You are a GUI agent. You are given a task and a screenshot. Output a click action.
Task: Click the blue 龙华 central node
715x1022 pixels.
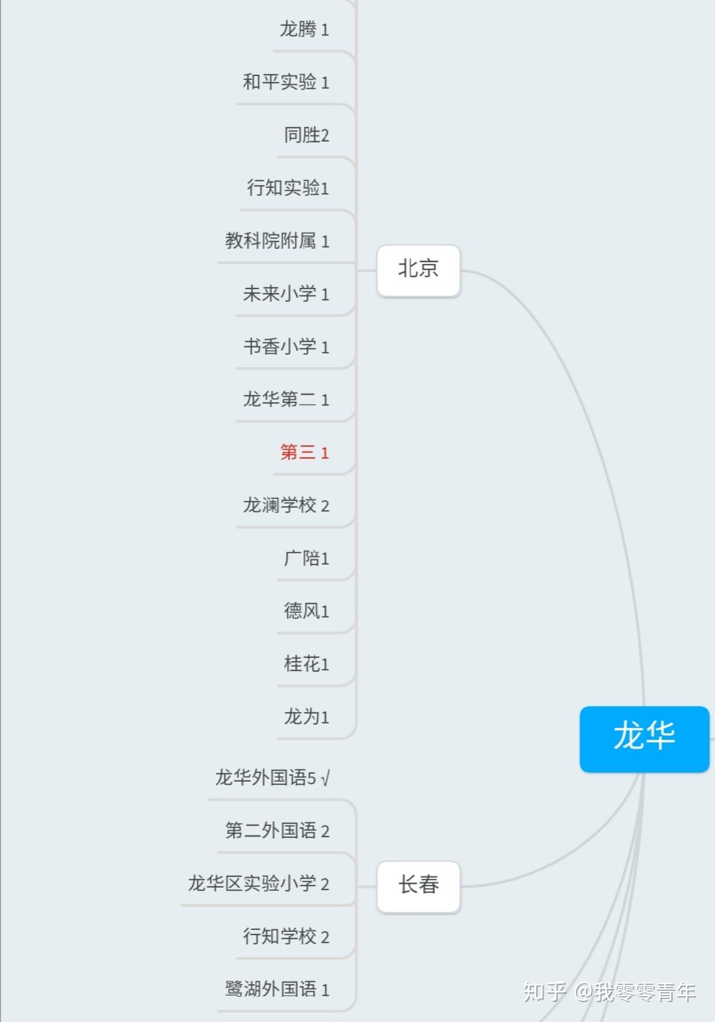coord(644,738)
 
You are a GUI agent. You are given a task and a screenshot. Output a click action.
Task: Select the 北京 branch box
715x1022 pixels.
coord(418,270)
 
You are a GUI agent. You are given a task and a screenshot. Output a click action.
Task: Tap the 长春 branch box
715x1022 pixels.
coord(418,886)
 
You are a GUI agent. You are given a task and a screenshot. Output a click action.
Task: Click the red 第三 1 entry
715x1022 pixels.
coord(305,453)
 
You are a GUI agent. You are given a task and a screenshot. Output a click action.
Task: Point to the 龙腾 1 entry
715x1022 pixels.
coord(305,30)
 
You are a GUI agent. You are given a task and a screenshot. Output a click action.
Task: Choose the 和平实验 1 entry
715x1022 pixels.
coord(286,82)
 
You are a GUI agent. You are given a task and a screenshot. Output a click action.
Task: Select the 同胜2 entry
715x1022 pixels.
coord(307,135)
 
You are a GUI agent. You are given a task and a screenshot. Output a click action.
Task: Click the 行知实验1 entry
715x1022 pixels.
coord(288,188)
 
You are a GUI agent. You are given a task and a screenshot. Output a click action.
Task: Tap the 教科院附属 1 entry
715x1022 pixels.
coord(277,241)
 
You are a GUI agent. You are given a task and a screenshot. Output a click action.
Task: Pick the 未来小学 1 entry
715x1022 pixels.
coord(286,294)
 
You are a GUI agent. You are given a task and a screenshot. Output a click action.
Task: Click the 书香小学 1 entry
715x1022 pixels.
coord(286,347)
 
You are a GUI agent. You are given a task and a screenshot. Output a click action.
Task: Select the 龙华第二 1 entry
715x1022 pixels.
coord(286,400)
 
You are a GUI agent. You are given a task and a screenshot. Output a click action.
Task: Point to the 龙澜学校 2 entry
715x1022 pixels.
coord(286,506)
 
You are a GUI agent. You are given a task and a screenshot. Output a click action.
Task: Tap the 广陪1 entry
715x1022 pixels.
coord(307,559)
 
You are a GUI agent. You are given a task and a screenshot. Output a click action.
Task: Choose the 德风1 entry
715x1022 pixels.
coord(307,611)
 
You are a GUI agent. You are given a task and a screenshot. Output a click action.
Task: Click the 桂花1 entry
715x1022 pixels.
coord(307,664)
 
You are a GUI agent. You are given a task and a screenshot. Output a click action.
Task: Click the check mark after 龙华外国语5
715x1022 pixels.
coord(325,778)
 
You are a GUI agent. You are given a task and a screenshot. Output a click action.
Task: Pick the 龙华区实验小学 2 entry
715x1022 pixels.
coord(258,884)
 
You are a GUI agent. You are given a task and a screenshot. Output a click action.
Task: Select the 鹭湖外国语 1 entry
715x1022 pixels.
coord(277,990)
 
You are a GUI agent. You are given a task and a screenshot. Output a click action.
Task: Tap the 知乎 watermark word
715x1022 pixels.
coord(544,992)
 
